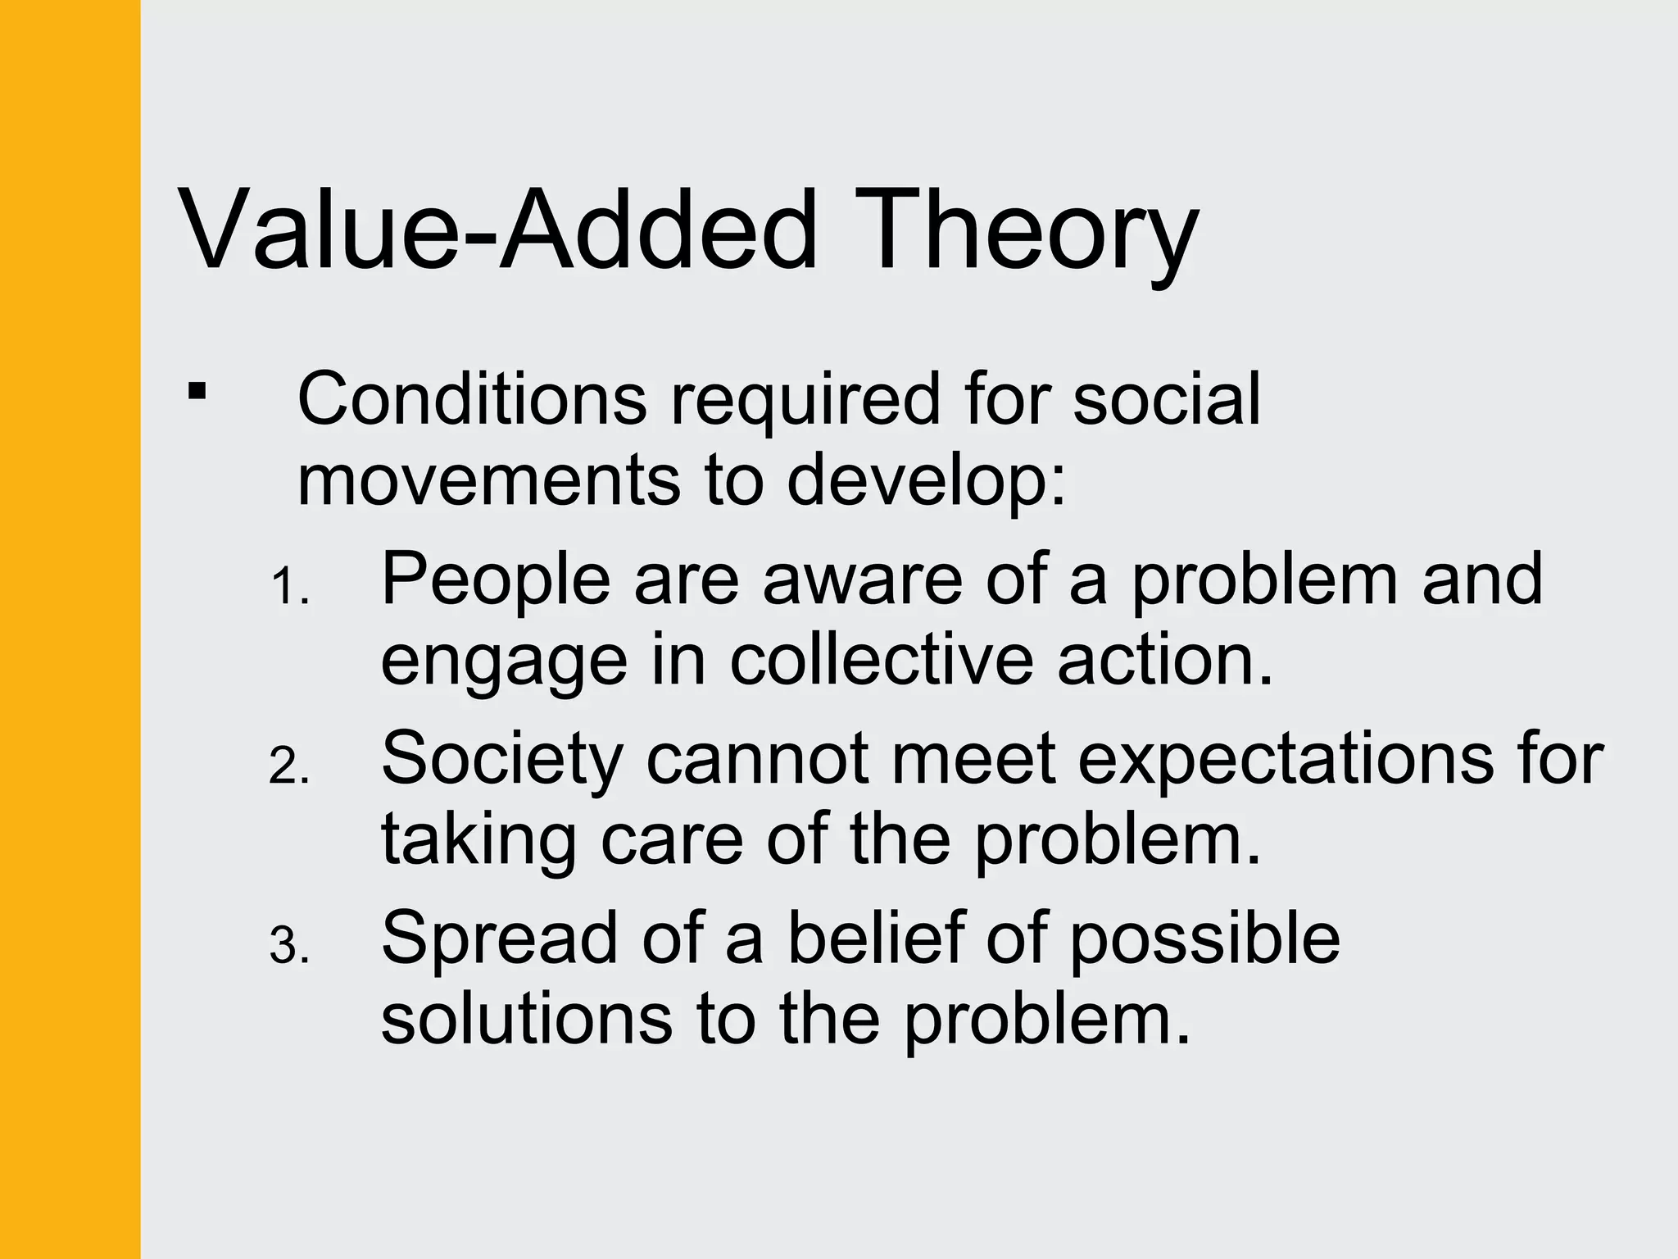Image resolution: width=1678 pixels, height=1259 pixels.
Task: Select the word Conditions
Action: pyautogui.click(x=472, y=399)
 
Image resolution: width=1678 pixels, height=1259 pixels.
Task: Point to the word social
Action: pyautogui.click(x=1167, y=399)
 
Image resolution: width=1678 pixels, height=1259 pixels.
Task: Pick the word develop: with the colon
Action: pyautogui.click(x=927, y=482)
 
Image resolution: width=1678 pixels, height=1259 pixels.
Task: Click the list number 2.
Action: pyautogui.click(x=288, y=768)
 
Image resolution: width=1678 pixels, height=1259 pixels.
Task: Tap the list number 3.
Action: pyautogui.click(x=288, y=947)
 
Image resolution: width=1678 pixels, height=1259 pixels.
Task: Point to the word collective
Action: pyautogui.click(x=882, y=661)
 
